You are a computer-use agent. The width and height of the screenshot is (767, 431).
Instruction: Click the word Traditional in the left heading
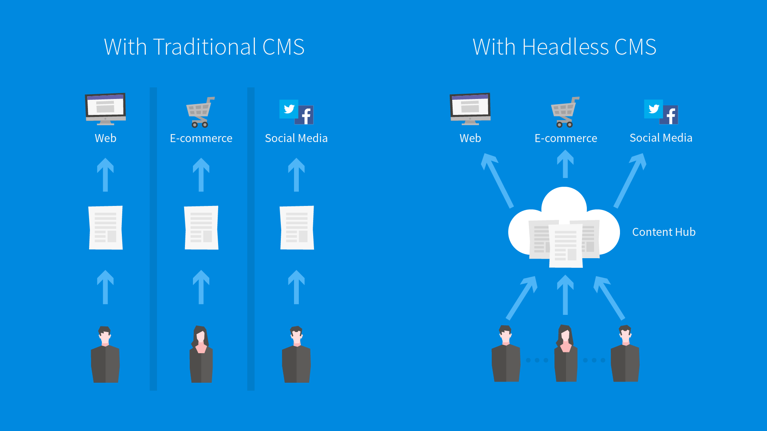205,47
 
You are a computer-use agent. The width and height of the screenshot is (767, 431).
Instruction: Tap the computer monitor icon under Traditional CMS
105,108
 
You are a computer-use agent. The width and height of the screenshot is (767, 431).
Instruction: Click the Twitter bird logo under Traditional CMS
289,109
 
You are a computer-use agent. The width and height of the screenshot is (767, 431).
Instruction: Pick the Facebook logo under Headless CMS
671,115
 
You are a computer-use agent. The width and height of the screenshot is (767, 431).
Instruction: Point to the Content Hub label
664,232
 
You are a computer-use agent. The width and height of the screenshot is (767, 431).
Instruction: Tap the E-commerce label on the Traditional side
201,138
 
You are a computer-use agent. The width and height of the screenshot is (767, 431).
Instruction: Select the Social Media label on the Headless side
661,138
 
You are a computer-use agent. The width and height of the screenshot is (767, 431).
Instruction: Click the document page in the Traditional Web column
105,228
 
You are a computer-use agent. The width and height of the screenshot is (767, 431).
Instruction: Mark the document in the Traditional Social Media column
297,228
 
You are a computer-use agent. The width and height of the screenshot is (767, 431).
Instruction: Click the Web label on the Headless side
470,138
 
